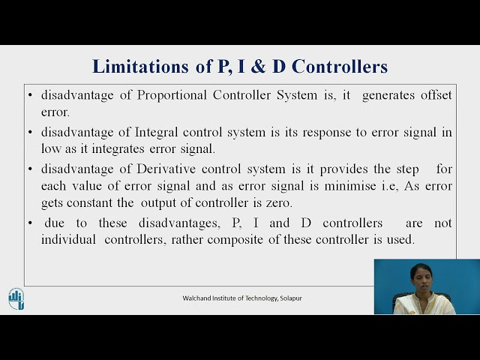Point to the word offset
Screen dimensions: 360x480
[x=432, y=95]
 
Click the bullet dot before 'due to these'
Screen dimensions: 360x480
[x=30, y=223]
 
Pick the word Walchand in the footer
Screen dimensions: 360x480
[x=197, y=298]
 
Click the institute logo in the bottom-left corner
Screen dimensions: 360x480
[x=16, y=298]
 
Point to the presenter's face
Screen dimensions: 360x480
[x=421, y=277]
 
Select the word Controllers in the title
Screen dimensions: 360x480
[x=340, y=66]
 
